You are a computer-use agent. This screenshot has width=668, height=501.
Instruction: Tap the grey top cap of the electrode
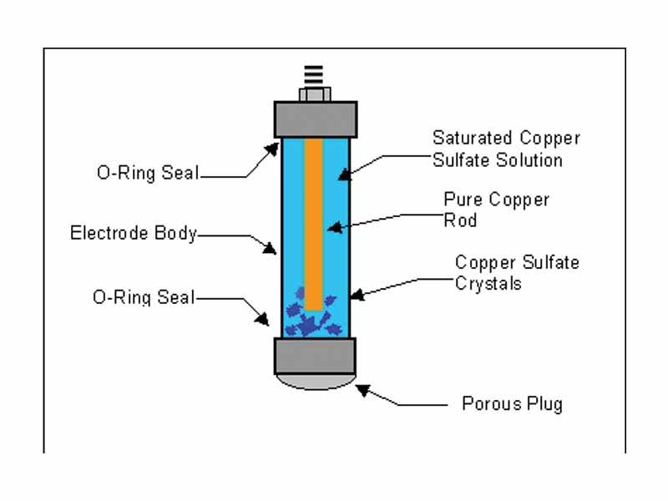[x=316, y=119]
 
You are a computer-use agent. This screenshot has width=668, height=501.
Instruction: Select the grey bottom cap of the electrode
[x=316, y=356]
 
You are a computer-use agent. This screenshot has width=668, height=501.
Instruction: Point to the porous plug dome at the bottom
[x=316, y=382]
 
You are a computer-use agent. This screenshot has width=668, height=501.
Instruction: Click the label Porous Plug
[x=512, y=404]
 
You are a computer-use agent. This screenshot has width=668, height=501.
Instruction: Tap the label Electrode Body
[x=133, y=233]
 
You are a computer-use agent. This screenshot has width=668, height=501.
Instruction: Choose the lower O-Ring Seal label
[x=144, y=296]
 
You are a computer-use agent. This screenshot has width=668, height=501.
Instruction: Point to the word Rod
[x=459, y=221]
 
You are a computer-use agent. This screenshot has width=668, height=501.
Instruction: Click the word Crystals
[x=488, y=284]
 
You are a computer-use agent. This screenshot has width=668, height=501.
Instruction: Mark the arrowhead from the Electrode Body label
[x=271, y=248]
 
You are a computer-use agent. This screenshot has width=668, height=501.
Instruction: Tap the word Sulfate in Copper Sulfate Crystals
[x=550, y=263]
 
